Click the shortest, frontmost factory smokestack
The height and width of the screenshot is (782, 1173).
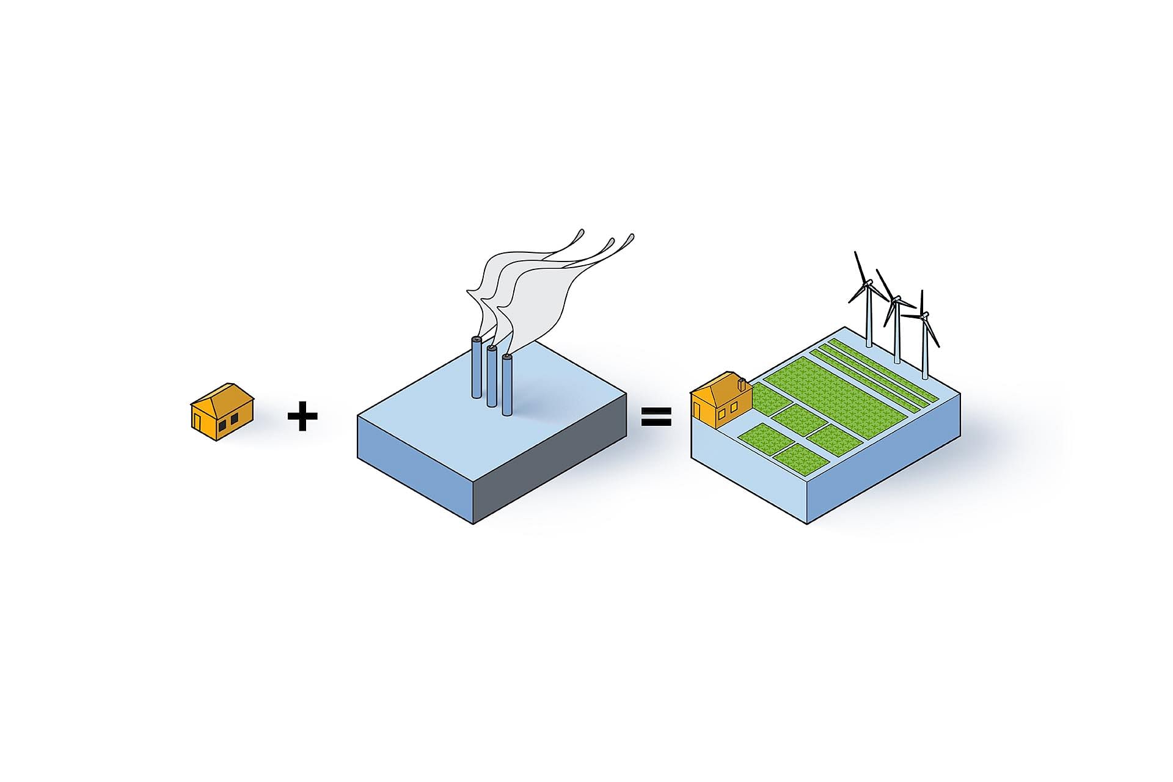[506, 386]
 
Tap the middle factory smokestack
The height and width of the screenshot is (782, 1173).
[491, 377]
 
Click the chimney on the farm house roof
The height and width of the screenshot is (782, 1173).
[741, 384]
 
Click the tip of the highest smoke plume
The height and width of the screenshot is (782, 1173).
[580, 232]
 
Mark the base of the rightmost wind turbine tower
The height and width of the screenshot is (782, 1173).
[925, 375]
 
